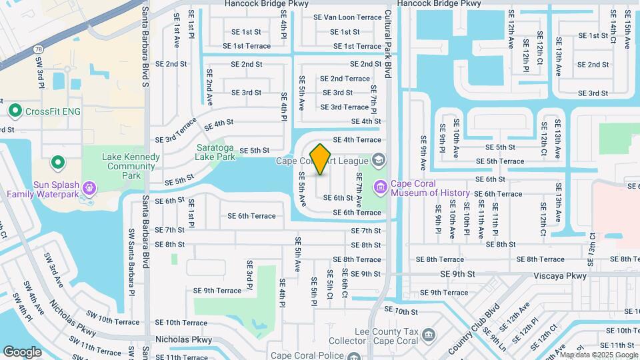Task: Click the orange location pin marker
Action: coord(321,159)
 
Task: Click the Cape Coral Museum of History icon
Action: coord(381,187)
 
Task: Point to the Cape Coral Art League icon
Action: coord(379,160)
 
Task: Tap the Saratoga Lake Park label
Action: coord(215,152)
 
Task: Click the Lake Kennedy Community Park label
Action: coord(131,166)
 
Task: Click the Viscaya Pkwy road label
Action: coord(560,275)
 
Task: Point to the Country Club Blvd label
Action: coord(474,329)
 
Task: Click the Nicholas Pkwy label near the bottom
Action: coord(183,339)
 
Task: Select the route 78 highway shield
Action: coord(40,50)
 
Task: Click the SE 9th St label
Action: coord(457,274)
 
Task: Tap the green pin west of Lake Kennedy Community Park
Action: coord(58,162)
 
